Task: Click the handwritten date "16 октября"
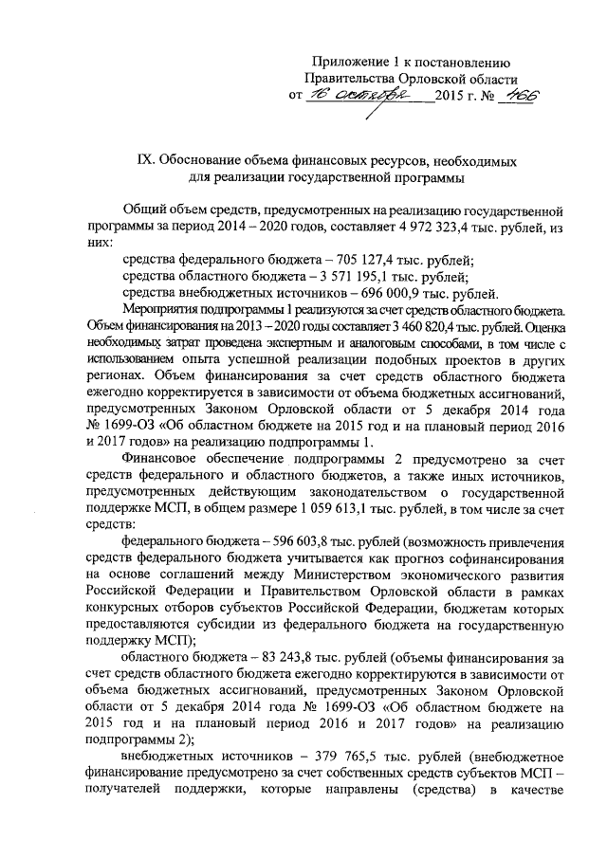(358, 97)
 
